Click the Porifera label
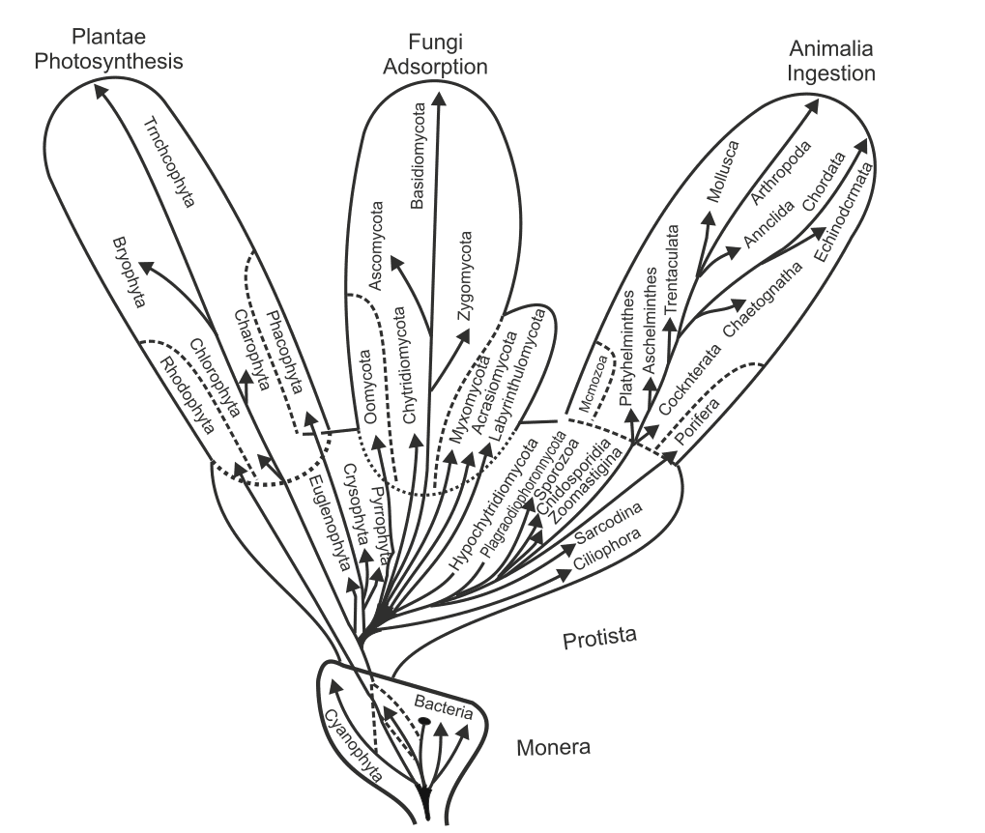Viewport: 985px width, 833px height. pos(697,431)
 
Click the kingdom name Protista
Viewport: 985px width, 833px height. pos(602,639)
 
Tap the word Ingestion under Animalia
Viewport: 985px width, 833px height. pos(831,72)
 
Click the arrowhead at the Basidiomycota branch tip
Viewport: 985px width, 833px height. pos(439,99)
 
